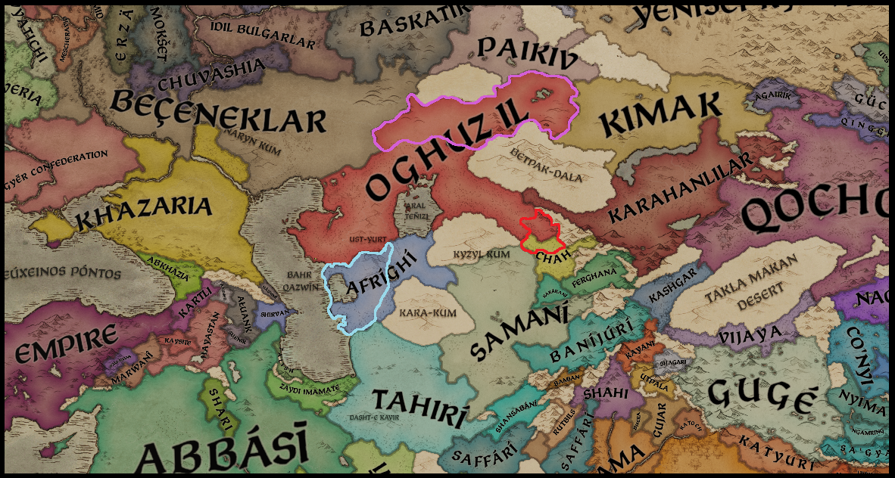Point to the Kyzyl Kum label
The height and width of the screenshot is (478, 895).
point(481,254)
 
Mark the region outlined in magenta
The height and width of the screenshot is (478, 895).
point(477,113)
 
